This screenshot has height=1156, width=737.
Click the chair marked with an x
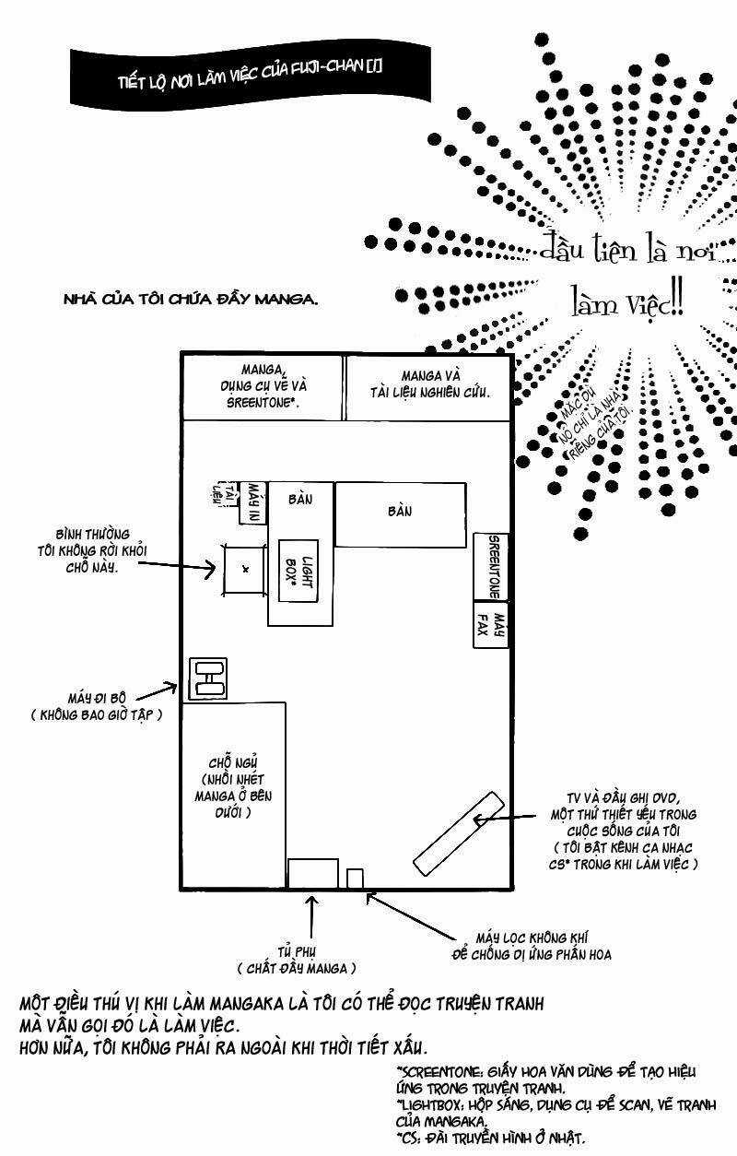245,569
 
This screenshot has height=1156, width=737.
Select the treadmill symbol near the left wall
207,678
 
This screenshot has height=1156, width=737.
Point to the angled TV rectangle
458,833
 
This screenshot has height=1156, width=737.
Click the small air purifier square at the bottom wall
356,878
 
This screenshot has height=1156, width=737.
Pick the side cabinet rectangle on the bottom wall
313,874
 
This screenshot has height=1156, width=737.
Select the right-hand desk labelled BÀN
399,514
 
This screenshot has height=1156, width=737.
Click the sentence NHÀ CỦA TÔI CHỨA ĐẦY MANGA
191,299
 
